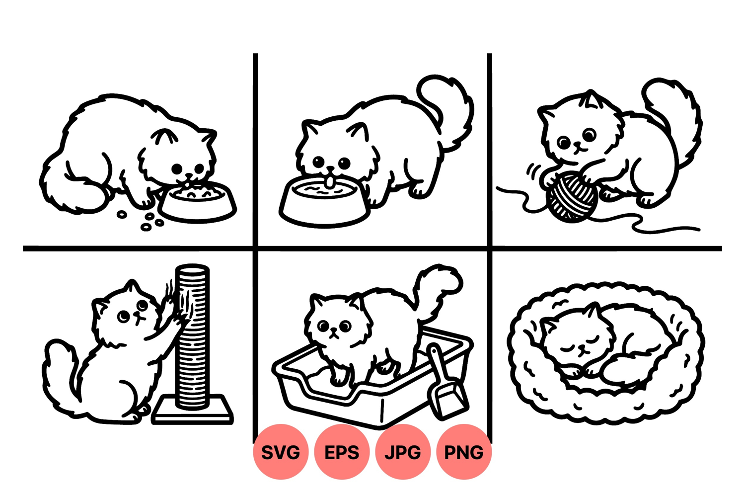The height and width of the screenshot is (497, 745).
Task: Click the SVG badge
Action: click(x=281, y=452)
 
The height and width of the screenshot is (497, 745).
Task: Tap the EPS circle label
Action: click(x=342, y=452)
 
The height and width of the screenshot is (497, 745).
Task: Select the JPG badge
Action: click(x=403, y=452)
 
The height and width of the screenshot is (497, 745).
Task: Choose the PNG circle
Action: click(x=464, y=452)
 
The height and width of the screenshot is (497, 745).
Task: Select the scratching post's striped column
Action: click(x=192, y=336)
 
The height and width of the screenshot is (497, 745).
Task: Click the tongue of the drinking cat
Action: click(x=329, y=182)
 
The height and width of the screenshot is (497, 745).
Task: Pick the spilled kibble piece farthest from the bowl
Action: click(x=122, y=215)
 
